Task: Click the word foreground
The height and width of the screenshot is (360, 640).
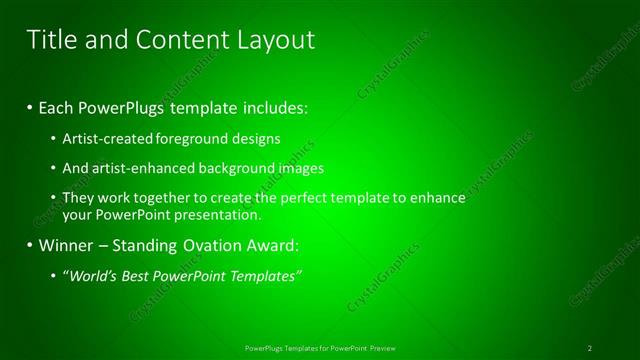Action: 190,138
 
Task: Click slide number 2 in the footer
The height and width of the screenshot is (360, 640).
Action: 590,347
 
